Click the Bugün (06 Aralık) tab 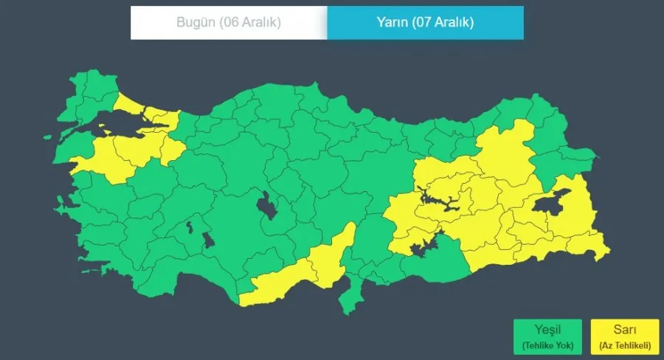click(229, 22)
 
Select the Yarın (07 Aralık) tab click(426, 22)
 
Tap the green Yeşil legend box click(547, 336)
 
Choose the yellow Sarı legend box click(624, 336)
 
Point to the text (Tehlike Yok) click(547, 345)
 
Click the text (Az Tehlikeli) click(624, 345)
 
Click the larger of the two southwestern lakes click(208, 240)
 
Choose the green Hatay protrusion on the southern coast click(350, 298)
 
